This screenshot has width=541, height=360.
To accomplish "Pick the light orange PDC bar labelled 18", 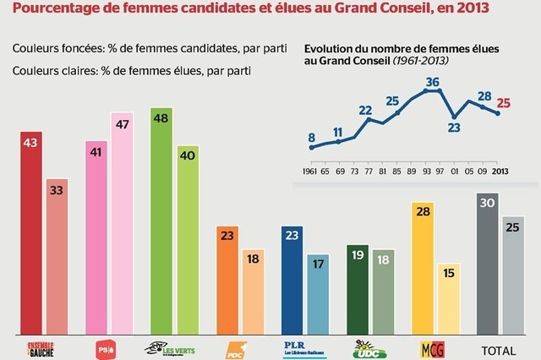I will point(253,292).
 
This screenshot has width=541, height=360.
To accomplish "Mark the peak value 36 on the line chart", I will point(433,82).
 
